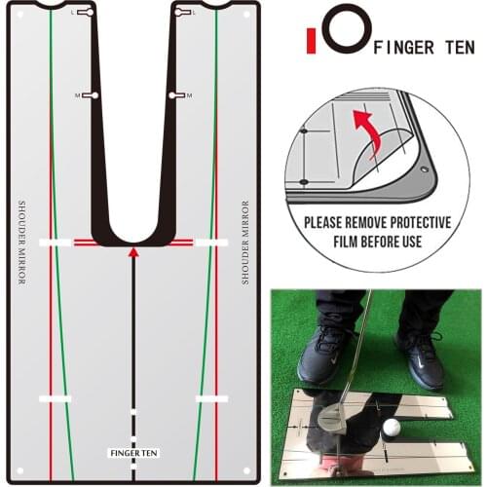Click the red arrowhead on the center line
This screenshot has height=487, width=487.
click(x=133, y=252)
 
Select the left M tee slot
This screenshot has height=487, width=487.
click(x=92, y=95)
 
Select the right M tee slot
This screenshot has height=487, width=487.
click(x=176, y=95)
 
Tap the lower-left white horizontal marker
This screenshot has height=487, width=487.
click(x=56, y=398)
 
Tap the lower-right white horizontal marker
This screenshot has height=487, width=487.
click(x=211, y=398)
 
